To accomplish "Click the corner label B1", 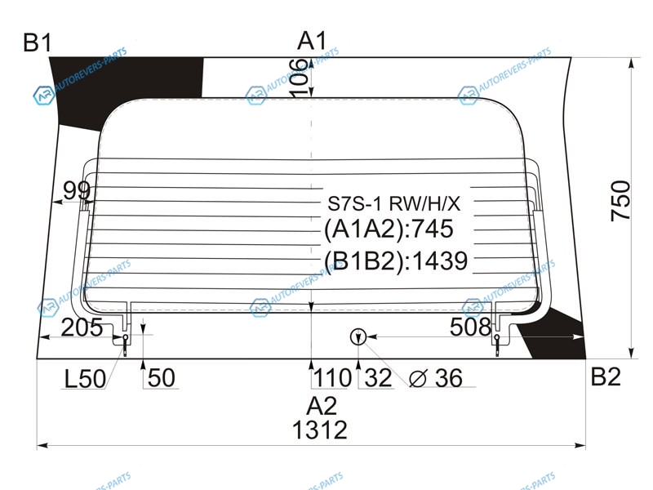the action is tap(38, 42).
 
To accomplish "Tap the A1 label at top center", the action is tap(312, 41).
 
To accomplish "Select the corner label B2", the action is tap(606, 376).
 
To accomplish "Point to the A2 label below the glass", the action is tap(321, 405).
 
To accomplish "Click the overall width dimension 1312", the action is tap(320, 430).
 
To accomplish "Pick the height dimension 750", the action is tap(620, 200).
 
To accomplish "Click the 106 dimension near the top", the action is tap(300, 78).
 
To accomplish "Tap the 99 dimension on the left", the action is tap(77, 190).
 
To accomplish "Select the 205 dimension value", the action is tap(82, 327).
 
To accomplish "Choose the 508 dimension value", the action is tap(471, 327).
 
